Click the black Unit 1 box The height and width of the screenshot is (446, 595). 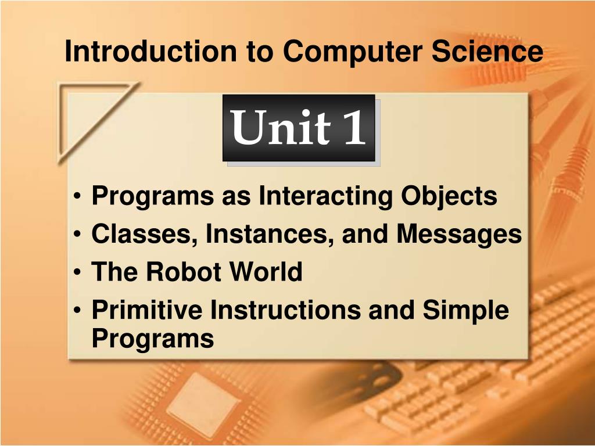click(299, 128)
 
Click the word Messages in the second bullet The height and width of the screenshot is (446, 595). click(460, 234)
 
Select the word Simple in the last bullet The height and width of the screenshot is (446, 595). click(465, 311)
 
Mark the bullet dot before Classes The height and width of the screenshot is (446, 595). click(78, 235)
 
